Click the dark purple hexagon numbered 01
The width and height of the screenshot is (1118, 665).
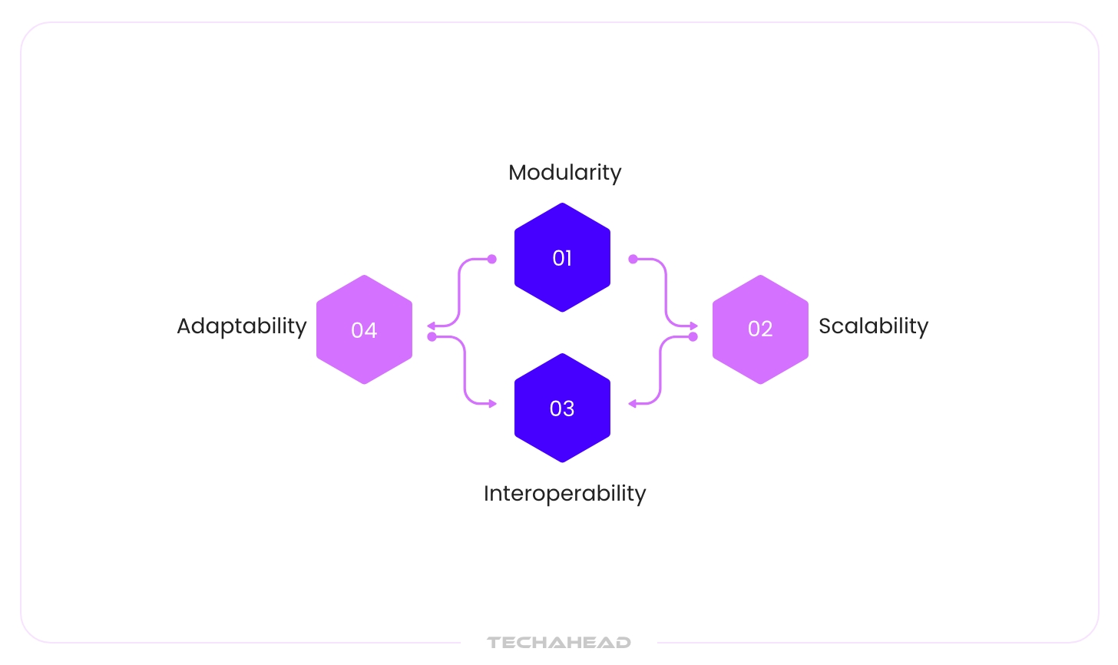pyautogui.click(x=562, y=257)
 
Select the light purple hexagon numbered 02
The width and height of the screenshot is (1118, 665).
pyautogui.click(x=760, y=329)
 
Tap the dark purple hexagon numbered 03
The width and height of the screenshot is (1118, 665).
pyautogui.click(x=562, y=408)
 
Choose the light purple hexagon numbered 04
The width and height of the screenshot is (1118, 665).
pyautogui.click(x=364, y=329)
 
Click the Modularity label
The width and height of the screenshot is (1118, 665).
pyautogui.click(x=564, y=172)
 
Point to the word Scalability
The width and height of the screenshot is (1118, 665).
pyautogui.click(x=873, y=326)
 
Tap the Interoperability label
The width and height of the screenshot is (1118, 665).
pyautogui.click(x=564, y=493)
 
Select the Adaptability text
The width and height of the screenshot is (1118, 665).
pyautogui.click(x=242, y=326)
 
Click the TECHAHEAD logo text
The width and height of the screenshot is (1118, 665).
pyautogui.click(x=559, y=642)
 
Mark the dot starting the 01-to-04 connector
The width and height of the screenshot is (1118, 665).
pyautogui.click(x=492, y=259)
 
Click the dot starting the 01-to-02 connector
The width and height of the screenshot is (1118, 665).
pyautogui.click(x=633, y=259)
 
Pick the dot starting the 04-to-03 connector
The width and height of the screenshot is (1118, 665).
pyautogui.click(x=432, y=336)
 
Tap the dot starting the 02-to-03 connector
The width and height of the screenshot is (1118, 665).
pyautogui.click(x=693, y=336)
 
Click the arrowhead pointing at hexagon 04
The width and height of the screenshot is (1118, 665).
pyautogui.click(x=431, y=326)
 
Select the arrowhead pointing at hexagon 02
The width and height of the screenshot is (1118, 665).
pyautogui.click(x=694, y=326)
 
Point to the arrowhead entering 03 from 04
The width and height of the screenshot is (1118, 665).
pyautogui.click(x=493, y=403)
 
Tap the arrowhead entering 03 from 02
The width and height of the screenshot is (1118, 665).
pyautogui.click(x=632, y=403)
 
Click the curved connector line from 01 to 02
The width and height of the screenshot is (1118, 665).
pyautogui.click(x=665, y=292)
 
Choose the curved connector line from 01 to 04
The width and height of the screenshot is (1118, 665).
pyautogui.click(x=459, y=292)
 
